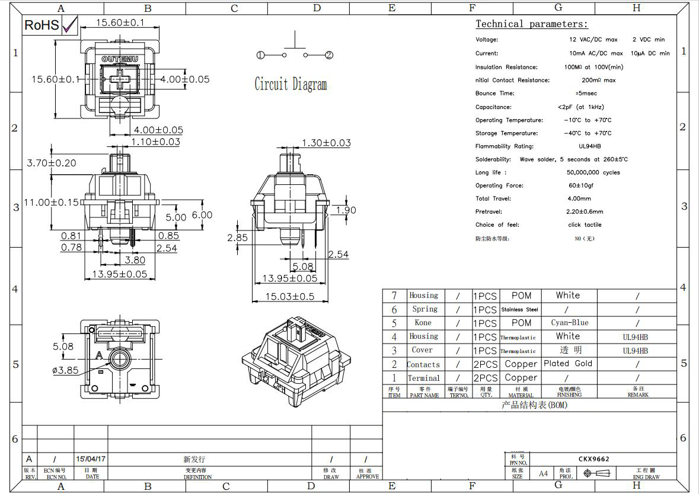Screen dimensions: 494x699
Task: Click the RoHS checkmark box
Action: click(x=69, y=24)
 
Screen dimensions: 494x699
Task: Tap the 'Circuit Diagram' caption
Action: click(x=291, y=84)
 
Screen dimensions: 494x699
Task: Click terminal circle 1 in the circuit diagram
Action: click(x=261, y=55)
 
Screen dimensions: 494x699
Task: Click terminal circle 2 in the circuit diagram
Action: click(x=328, y=55)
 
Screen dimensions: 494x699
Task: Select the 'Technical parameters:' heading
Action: click(x=531, y=24)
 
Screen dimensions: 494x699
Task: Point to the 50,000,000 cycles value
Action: click(x=593, y=172)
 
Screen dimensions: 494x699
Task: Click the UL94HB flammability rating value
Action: click(x=589, y=146)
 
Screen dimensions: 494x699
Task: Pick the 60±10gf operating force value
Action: click(x=581, y=185)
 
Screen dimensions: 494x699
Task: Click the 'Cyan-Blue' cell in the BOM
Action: click(x=569, y=323)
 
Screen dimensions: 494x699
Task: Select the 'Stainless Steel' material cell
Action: click(x=519, y=309)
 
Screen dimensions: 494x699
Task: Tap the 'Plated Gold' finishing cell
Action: click(x=567, y=364)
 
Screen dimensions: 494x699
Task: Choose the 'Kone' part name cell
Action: click(x=423, y=323)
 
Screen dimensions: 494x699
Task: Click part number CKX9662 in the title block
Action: click(x=593, y=459)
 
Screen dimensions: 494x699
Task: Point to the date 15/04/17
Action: click(x=91, y=459)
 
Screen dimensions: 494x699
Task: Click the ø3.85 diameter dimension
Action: click(x=65, y=370)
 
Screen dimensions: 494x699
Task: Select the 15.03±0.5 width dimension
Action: click(x=289, y=296)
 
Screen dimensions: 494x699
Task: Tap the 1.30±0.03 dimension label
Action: click(x=326, y=143)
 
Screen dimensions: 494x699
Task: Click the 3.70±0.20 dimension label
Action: click(x=52, y=163)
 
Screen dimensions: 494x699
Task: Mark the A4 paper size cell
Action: click(x=543, y=473)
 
